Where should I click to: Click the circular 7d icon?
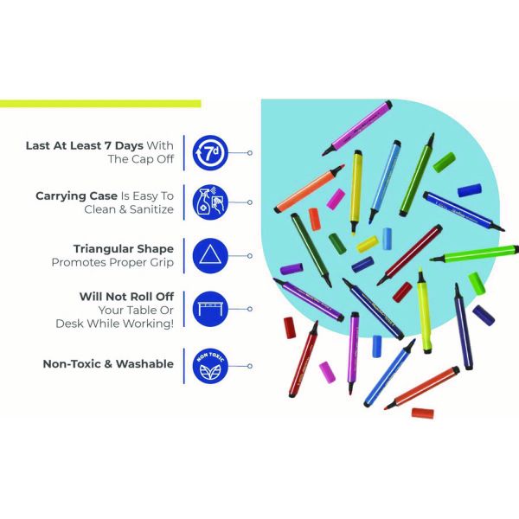(x=210, y=153)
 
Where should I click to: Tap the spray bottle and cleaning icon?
(x=210, y=202)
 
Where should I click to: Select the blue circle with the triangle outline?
(x=210, y=256)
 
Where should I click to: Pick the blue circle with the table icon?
(x=210, y=309)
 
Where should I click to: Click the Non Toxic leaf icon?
(x=210, y=366)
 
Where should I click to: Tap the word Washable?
(x=144, y=364)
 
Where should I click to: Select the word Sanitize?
(x=151, y=209)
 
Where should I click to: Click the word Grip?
(x=162, y=263)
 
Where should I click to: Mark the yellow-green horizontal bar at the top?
(x=100, y=104)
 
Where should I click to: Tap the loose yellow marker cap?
(x=368, y=244)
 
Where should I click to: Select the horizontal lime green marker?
(x=474, y=253)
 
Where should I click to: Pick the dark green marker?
(x=311, y=249)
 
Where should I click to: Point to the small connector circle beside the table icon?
(x=250, y=309)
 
